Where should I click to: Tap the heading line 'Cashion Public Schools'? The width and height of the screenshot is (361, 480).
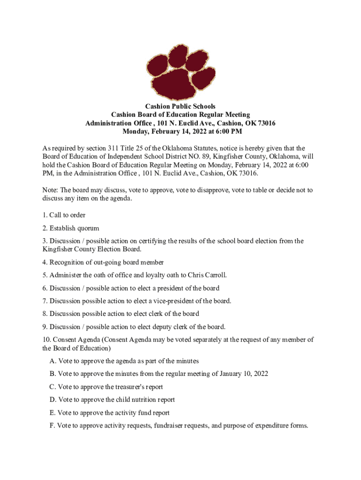(x=180, y=106)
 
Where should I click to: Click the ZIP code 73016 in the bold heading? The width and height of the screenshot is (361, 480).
(x=265, y=123)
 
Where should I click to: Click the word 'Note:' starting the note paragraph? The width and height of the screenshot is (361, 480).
(x=50, y=190)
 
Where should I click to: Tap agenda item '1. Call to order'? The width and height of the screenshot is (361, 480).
(x=64, y=215)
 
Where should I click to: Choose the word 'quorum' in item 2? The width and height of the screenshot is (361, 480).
(x=87, y=228)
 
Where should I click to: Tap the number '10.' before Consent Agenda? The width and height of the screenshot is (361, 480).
(x=46, y=339)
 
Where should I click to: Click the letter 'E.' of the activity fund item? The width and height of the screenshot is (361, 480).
(x=53, y=413)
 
